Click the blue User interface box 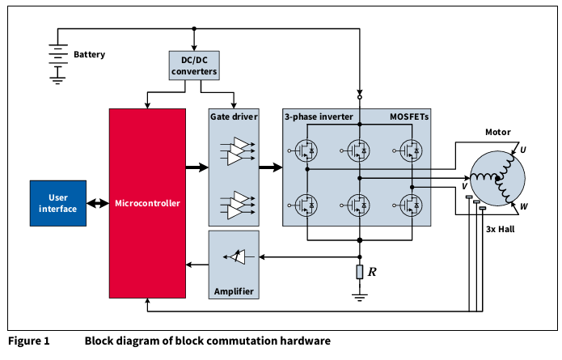pos(57,203)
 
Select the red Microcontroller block pos(148,203)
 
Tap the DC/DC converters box pos(194,66)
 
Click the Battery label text pos(90,55)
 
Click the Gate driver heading pos(234,117)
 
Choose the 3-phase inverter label pos(319,117)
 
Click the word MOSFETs pos(409,117)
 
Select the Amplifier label pos(234,291)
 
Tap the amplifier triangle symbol pos(235,256)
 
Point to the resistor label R pos(372,271)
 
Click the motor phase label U pos(522,150)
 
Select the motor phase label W pos(524,206)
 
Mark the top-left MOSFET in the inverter pos(306,150)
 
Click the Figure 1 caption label pos(28,341)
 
